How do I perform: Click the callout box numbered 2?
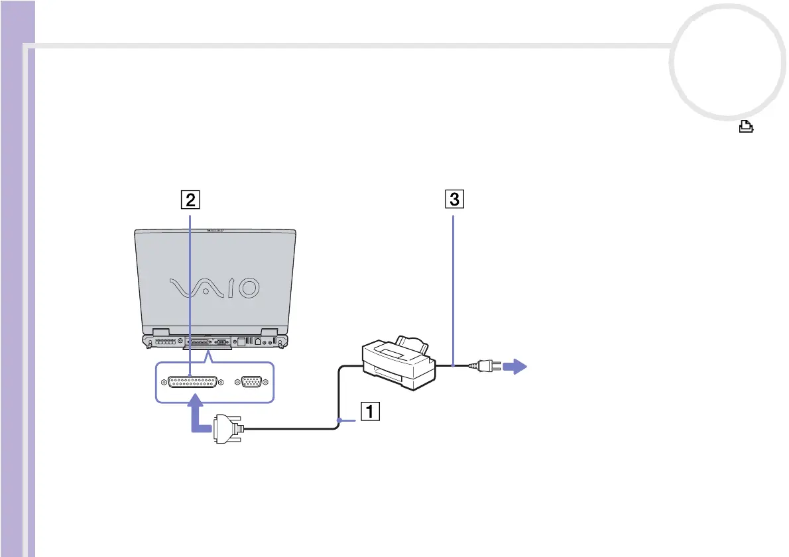click(190, 198)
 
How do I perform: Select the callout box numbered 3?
click(454, 198)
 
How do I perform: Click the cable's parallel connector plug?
click(227, 430)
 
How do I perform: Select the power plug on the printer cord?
click(479, 367)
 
